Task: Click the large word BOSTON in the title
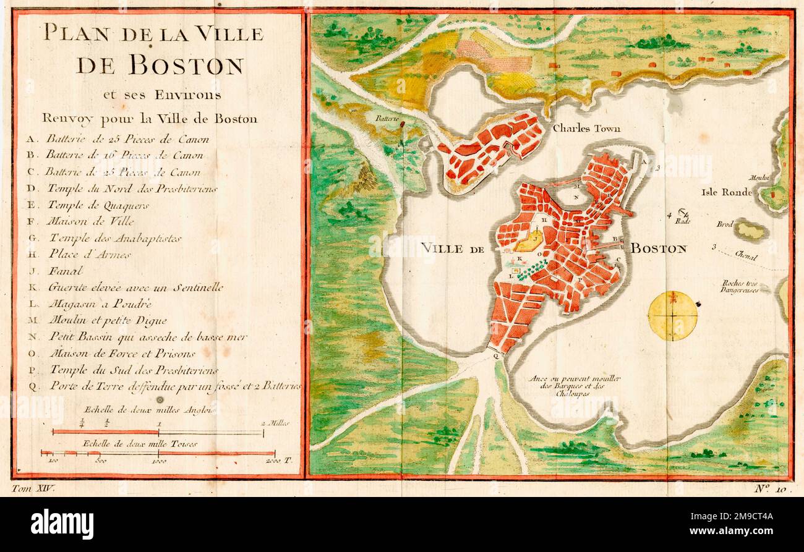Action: pos(159,65)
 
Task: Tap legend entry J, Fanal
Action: pos(59,271)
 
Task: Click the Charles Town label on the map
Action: pos(586,129)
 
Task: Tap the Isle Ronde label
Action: pos(727,192)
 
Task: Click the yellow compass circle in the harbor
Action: pos(672,316)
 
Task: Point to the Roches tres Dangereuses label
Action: pos(740,286)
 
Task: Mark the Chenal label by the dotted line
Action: pos(746,257)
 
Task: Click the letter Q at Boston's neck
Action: pos(496,355)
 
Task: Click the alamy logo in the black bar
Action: pos(62,525)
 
